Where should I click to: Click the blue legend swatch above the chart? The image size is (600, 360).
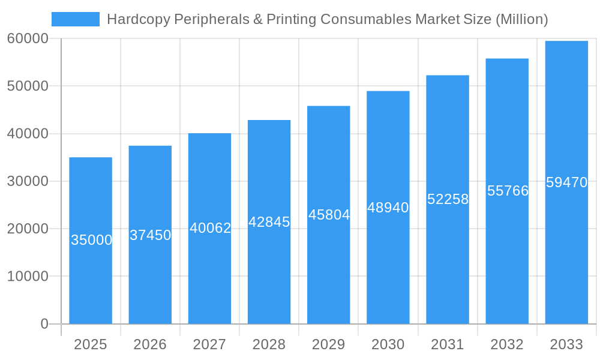click(76, 19)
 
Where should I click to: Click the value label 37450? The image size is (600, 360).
click(151, 235)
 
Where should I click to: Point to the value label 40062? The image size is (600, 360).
click(210, 228)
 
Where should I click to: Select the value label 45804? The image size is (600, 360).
click(329, 215)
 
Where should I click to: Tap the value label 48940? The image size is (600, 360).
click(388, 208)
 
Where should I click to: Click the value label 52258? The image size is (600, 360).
click(448, 199)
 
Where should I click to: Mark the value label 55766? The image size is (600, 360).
click(508, 191)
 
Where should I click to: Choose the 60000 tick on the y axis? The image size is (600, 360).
click(28, 38)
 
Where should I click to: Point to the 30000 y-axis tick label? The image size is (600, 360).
click(28, 181)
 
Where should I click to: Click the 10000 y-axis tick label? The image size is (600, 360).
click(28, 277)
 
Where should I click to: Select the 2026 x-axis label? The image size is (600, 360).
click(150, 344)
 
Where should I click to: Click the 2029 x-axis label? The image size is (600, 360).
click(329, 344)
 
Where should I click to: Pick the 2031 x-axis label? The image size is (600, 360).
click(448, 344)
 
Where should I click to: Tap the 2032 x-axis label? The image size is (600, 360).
click(507, 344)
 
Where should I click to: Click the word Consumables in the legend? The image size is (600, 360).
click(365, 19)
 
